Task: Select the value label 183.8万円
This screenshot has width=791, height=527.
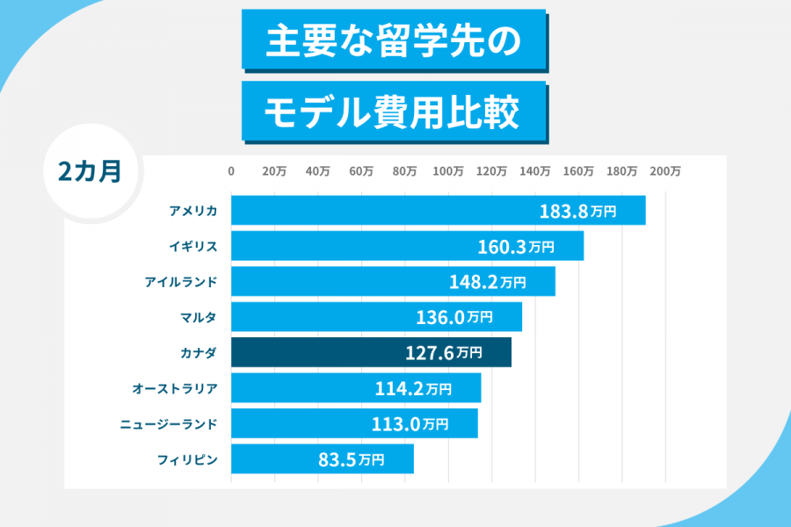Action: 577,212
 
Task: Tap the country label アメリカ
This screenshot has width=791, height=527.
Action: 193,211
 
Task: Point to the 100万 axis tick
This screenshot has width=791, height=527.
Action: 448,171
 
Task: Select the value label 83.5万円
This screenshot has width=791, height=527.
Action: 351,458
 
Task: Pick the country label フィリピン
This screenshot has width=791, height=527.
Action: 188,458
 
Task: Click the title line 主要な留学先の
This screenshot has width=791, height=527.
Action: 393,40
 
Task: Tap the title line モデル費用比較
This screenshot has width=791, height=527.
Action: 393,112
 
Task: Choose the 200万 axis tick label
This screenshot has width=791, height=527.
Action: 665,171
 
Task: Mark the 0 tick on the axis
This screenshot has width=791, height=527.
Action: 231,171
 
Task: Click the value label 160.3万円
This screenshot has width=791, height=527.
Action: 516,247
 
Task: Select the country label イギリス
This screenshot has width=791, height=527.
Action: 193,246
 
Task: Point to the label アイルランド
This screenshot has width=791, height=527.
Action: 181,282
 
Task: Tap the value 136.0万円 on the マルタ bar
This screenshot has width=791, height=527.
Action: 454,317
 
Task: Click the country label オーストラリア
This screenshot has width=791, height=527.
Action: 175,387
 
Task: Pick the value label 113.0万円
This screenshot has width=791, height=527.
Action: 410,424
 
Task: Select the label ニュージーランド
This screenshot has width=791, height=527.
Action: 169,423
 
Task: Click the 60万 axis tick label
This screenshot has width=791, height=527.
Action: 361,171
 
